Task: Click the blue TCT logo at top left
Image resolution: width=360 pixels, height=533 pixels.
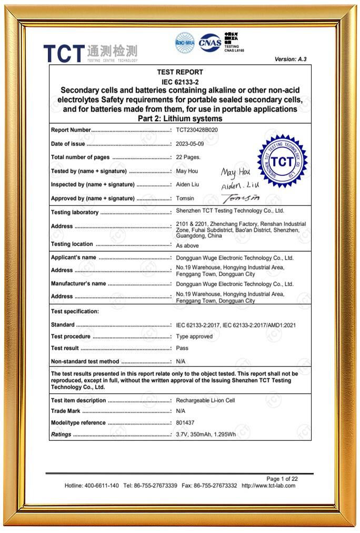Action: tap(64, 53)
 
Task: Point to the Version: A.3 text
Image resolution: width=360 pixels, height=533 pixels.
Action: tap(290, 59)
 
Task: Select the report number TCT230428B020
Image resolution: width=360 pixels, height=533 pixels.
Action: tap(197, 130)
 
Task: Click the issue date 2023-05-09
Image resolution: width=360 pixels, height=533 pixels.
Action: tap(190, 144)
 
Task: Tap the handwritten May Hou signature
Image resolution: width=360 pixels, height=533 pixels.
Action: tap(236, 172)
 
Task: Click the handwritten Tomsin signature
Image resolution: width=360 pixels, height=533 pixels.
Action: tap(241, 199)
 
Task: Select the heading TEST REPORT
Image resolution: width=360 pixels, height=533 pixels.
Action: tap(180, 72)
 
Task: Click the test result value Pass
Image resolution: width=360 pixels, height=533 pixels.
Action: tap(182, 348)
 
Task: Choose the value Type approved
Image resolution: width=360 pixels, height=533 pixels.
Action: tap(194, 337)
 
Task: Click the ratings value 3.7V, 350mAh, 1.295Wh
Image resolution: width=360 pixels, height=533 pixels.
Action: tap(206, 435)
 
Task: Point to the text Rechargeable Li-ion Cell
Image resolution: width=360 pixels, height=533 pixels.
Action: tap(205, 400)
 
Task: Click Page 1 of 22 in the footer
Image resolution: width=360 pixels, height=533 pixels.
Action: tap(282, 479)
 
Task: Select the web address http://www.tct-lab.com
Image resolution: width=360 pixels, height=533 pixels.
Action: tap(268, 486)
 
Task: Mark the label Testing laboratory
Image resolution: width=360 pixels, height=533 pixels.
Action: tap(75, 212)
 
